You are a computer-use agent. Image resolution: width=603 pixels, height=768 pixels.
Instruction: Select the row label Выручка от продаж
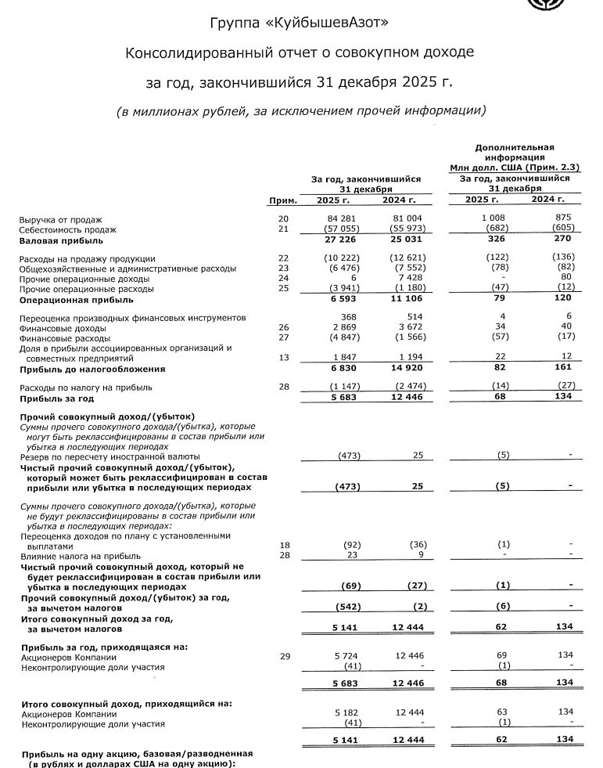60,219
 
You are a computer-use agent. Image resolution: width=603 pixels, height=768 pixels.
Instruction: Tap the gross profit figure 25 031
406,240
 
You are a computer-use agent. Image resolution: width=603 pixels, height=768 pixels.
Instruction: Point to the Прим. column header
282,200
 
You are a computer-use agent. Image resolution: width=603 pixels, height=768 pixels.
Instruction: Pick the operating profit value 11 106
406,299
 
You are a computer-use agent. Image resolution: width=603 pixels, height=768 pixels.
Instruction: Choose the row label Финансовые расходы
64,338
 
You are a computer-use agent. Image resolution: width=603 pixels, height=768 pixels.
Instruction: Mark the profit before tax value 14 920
406,369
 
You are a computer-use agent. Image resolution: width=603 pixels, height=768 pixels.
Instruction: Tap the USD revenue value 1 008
494,219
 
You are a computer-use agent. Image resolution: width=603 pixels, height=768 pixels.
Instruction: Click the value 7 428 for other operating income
410,279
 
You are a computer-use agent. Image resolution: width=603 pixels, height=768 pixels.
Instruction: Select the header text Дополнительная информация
514,152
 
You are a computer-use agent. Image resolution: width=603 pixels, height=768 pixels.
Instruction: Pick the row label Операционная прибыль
70,299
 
